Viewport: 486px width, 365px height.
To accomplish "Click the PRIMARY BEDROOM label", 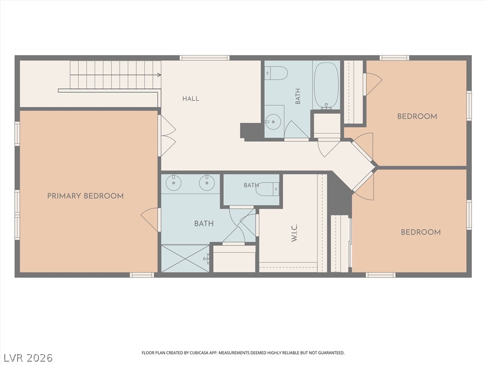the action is click(x=85, y=196).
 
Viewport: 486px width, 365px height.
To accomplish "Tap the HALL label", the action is click(x=191, y=99).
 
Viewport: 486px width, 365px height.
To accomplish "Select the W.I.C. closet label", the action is click(x=294, y=233).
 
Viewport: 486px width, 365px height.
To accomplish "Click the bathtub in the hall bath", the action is click(x=326, y=86).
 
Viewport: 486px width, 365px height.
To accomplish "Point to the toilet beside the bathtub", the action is click(x=276, y=73).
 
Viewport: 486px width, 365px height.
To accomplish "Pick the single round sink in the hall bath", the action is click(x=273, y=121).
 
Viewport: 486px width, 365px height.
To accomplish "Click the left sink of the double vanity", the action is click(x=174, y=182).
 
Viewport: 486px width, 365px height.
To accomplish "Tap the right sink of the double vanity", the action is click(x=206, y=182).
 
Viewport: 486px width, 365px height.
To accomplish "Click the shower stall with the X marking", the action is click(x=186, y=259).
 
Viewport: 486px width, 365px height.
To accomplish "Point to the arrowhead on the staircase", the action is click(x=159, y=75).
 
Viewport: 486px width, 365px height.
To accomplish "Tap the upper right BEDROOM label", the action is click(x=417, y=116).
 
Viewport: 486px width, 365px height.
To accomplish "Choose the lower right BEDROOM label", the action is click(x=421, y=232).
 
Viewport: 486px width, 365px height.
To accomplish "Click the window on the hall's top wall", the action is click(x=205, y=58).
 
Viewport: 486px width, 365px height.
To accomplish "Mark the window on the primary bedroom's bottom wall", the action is click(x=141, y=275).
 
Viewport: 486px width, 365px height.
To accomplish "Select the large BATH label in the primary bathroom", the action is click(x=204, y=223).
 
